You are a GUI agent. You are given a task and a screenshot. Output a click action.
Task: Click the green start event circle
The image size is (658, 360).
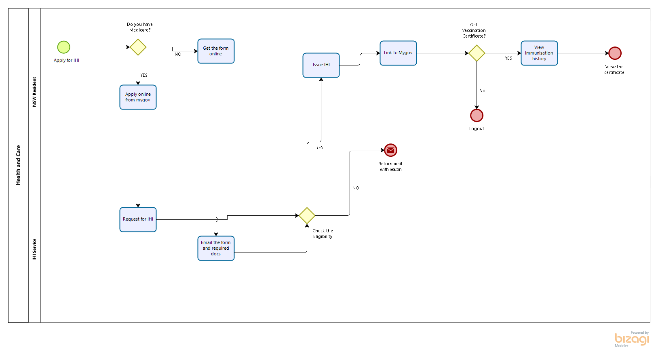63,47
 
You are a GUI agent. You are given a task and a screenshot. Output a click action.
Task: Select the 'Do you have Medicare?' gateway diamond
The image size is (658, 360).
138,47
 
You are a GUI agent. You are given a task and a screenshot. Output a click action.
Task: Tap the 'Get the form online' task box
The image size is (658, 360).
216,51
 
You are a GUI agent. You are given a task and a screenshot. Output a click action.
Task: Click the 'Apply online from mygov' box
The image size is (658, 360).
138,97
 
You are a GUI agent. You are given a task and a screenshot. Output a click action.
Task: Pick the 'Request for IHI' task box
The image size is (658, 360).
138,219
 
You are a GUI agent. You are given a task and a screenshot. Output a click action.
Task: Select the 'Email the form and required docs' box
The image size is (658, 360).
216,248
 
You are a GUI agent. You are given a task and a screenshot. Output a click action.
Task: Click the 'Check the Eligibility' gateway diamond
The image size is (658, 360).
307,216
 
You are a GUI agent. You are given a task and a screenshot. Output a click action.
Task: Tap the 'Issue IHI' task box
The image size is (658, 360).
321,65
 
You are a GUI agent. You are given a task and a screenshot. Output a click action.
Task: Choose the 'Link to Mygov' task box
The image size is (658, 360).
398,53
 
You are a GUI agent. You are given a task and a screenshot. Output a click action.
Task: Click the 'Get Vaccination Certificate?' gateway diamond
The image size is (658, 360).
477,53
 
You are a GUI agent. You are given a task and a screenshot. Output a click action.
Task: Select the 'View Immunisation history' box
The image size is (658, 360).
539,53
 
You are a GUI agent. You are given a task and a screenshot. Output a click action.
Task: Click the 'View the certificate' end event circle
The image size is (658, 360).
615,53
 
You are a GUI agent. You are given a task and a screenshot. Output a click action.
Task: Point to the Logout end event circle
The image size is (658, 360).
477,116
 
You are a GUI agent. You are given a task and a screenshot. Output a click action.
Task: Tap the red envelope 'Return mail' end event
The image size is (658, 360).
390,150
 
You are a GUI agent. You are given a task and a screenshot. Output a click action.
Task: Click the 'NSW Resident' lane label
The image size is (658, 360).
34,92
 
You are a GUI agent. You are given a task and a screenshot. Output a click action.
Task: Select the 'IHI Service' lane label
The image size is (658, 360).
34,249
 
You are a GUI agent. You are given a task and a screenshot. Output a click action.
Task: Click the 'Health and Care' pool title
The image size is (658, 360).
18,165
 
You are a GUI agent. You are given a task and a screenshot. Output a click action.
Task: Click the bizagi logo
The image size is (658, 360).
632,339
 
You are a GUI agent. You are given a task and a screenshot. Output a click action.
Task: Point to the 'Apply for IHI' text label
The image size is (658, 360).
66,61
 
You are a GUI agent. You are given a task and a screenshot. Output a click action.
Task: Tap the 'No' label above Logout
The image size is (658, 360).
482,91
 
